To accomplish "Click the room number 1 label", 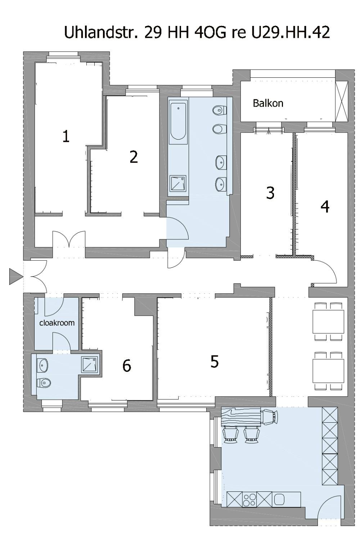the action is (x=66, y=136).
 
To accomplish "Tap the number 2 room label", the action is (x=134, y=157).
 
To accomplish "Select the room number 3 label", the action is (x=270, y=193).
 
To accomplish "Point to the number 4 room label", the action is (x=325, y=206).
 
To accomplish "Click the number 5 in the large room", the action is (x=214, y=361).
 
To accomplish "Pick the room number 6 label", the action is (x=127, y=366).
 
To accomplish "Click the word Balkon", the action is (x=268, y=103).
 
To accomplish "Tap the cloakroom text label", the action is (x=57, y=323).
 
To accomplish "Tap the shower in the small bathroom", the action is (x=90, y=364).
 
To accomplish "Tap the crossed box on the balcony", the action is (x=342, y=102).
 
